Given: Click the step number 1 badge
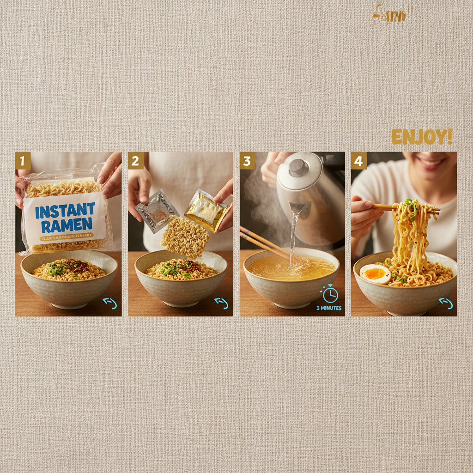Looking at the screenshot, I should [x=23, y=161].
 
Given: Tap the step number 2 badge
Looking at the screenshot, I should [x=135, y=161].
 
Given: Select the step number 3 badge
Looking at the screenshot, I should [x=247, y=161].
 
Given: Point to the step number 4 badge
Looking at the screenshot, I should [x=359, y=161].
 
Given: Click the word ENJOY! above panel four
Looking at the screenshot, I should [x=422, y=137].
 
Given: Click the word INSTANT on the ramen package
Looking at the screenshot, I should [x=65, y=211].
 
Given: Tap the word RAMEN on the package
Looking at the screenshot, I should [x=65, y=225].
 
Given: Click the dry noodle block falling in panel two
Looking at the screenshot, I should [x=185, y=236].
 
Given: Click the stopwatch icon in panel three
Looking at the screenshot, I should [x=330, y=294].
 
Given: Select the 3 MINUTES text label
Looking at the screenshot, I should [x=329, y=308].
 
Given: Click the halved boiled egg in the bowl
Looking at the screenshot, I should [x=375, y=274].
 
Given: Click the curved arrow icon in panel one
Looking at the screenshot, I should [x=110, y=303].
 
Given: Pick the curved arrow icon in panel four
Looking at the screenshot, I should [x=445, y=303].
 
